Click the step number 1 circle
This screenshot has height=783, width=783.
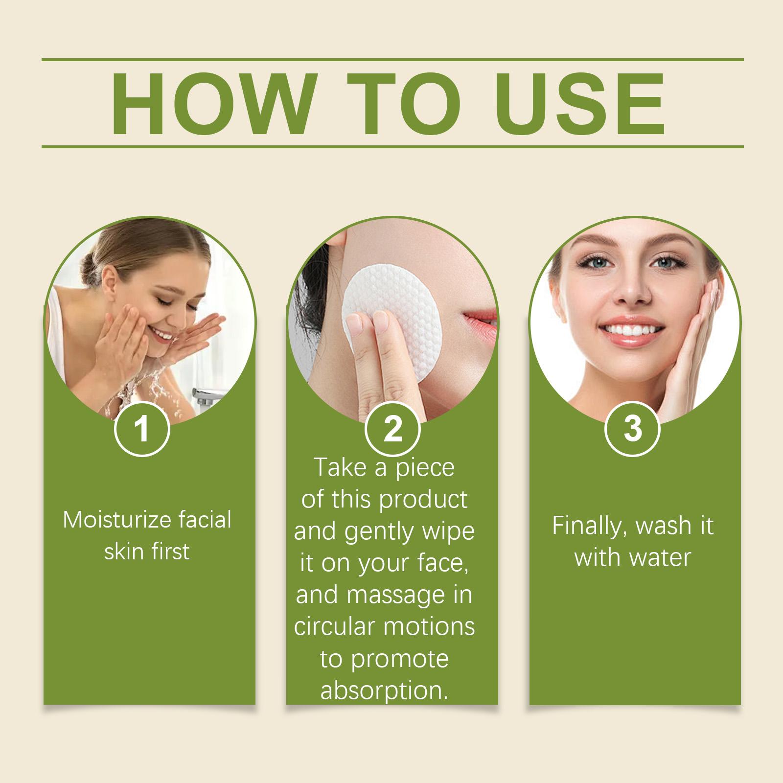[x=142, y=429]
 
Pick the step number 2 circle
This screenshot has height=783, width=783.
[x=392, y=429]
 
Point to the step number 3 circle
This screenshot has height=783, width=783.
[x=633, y=429]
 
